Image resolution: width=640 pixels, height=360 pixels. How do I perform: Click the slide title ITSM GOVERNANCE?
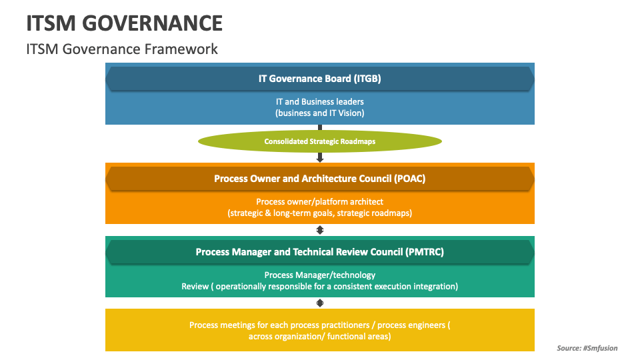(x=125, y=23)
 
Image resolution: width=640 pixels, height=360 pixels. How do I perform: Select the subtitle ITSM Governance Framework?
(x=122, y=49)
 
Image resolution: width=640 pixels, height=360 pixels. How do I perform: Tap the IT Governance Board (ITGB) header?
(x=319, y=79)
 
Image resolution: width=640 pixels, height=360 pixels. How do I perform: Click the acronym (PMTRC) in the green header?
(x=424, y=252)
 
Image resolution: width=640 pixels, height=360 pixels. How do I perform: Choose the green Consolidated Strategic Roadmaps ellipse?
(x=319, y=141)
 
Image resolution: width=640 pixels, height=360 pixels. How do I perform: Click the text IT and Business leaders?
(x=319, y=102)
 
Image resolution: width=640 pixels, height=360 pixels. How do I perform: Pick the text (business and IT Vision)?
(x=319, y=113)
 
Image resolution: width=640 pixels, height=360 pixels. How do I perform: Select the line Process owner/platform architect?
(x=319, y=201)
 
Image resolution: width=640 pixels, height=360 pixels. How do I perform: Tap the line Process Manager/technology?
(x=319, y=275)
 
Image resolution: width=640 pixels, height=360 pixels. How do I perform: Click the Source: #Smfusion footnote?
(x=587, y=348)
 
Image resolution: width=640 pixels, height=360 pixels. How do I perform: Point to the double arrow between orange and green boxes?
(x=320, y=230)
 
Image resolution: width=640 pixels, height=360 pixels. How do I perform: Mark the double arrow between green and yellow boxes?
(x=320, y=303)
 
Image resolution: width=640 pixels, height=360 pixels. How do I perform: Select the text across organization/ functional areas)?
(x=319, y=337)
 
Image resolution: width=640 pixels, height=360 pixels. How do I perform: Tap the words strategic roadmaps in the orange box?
(x=379, y=213)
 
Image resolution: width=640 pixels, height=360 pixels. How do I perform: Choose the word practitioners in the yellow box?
(x=339, y=325)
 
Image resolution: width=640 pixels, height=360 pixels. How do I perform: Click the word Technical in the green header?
(x=318, y=252)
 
